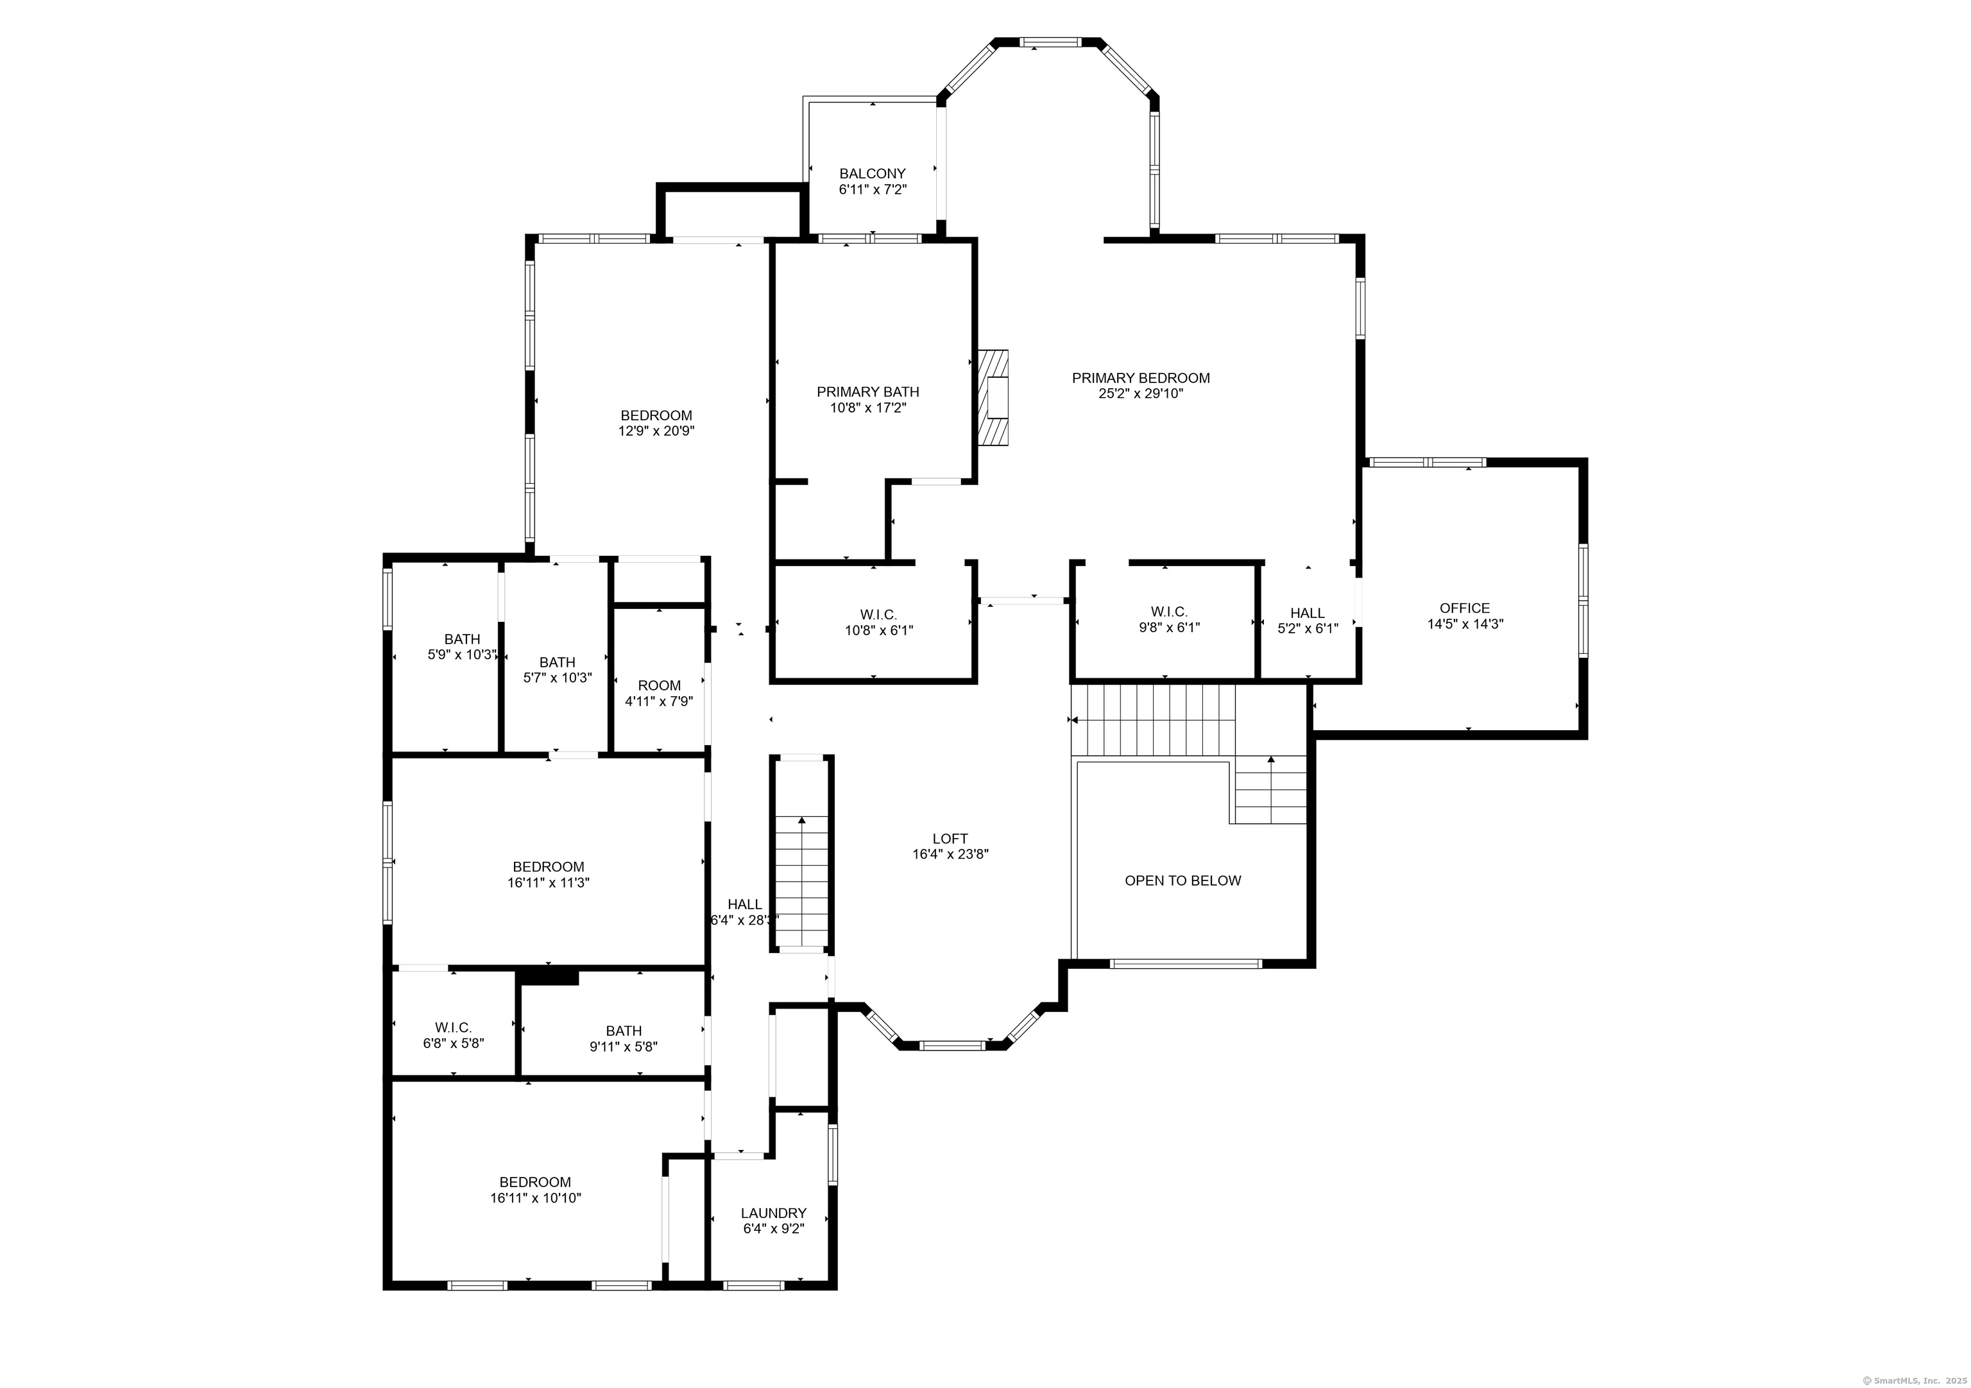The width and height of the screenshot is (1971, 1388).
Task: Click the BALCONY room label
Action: tap(872, 173)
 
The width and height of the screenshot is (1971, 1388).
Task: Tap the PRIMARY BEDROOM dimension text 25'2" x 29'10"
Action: tap(1141, 394)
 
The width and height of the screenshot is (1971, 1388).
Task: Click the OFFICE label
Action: tap(1465, 608)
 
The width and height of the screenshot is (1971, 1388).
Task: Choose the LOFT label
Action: tap(950, 839)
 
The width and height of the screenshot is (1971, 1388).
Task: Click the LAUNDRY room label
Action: tap(774, 1213)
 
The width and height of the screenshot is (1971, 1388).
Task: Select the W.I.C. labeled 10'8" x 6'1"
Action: tap(878, 622)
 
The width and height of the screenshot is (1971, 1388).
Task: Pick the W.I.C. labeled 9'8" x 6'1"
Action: tap(1168, 619)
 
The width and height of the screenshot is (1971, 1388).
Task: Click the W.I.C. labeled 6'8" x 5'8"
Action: tap(453, 1035)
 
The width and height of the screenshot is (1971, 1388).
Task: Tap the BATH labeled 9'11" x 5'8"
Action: tap(623, 1039)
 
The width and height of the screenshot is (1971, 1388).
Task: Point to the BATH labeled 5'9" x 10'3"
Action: tap(462, 646)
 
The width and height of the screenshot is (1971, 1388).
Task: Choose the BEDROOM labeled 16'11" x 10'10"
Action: tap(535, 1190)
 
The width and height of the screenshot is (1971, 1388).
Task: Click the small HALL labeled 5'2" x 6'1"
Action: tap(1308, 621)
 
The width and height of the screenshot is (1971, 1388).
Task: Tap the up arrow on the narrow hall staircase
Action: tap(802, 821)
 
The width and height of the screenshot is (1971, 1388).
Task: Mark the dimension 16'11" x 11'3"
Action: tap(548, 882)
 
